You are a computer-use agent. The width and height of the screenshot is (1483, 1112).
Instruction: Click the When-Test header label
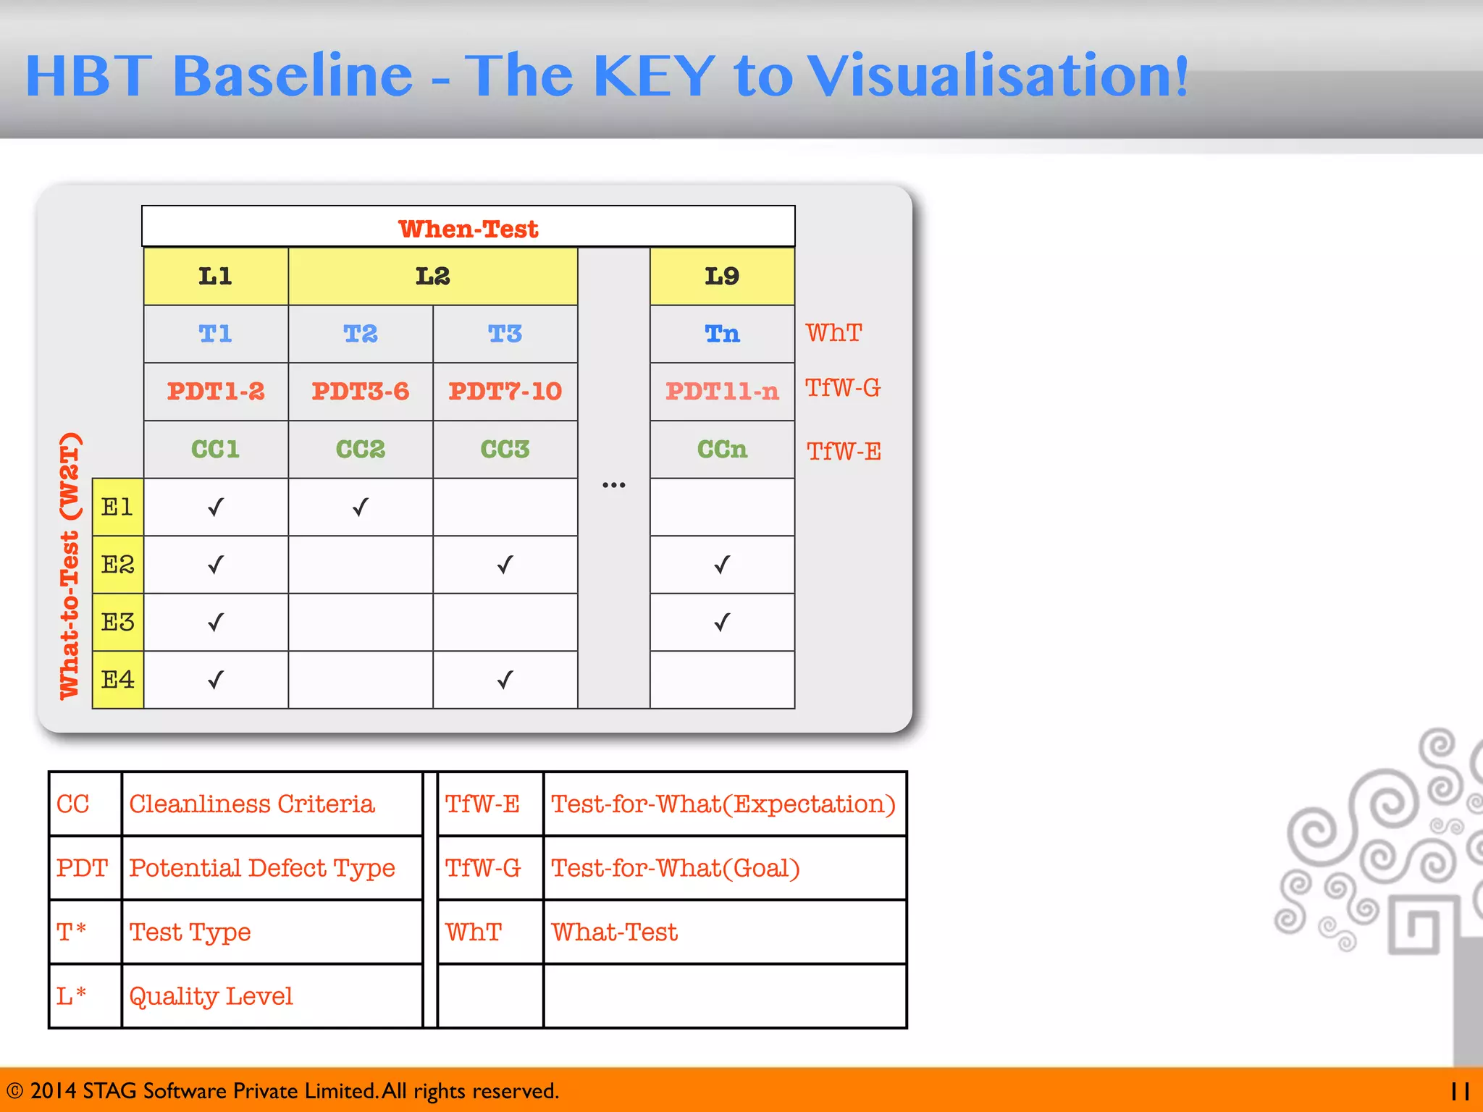469,229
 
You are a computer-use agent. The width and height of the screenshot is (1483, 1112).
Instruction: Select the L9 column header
722,277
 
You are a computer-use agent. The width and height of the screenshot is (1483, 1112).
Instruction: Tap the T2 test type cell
361,334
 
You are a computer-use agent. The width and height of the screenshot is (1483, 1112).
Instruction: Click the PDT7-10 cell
505,392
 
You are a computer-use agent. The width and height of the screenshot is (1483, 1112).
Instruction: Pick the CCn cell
722,450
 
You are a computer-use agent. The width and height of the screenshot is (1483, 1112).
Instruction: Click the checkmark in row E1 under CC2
361,507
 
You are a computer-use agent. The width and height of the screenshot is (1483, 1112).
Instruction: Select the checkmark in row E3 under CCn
722,622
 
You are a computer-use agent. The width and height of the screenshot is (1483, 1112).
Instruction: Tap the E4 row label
118,680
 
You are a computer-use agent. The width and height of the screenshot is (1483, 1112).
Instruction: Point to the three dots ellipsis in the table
613,485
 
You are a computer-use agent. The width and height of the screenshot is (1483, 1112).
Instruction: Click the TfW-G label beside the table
843,388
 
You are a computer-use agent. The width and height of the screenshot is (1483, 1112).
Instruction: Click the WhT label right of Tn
833,333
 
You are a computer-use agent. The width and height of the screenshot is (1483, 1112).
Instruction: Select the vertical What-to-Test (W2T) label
70,566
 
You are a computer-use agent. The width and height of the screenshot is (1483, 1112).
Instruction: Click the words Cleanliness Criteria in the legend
251,804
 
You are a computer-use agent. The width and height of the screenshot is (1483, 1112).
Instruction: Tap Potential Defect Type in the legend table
261,868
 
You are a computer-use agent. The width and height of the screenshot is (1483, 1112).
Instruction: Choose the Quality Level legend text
211,996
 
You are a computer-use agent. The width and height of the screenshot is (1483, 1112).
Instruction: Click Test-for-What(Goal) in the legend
675,868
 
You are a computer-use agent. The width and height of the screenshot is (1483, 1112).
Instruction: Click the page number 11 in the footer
1460,1091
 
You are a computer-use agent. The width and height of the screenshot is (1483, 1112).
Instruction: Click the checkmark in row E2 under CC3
505,565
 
